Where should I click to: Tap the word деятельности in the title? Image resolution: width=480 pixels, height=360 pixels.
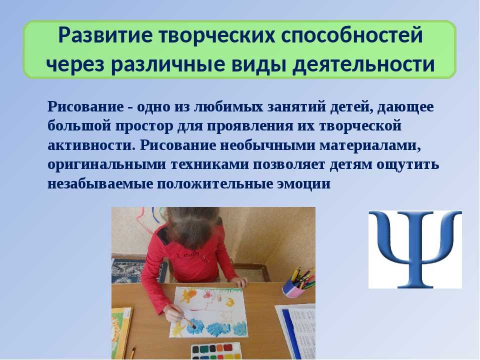pyautogui.click(x=363, y=65)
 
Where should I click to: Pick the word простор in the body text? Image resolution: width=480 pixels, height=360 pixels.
pyautogui.click(x=144, y=126)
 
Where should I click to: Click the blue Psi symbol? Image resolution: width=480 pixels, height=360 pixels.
pyautogui.click(x=415, y=249)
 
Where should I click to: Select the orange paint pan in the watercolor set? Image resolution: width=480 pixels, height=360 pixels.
pyautogui.click(x=219, y=348)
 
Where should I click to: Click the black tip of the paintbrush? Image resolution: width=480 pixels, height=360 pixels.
pyautogui.click(x=193, y=326)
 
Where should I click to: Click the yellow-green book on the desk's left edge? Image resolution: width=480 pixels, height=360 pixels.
pyautogui.click(x=120, y=332)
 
